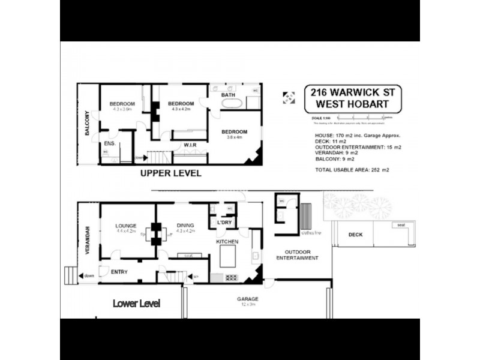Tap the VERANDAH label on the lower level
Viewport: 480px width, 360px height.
(88, 239)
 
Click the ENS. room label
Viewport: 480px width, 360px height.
(109, 143)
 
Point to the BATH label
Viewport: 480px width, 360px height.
(228, 95)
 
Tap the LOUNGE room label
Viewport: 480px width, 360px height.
(127, 226)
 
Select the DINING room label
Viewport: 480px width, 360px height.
(185, 226)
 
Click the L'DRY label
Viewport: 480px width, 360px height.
(224, 223)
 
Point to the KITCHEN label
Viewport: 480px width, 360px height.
(227, 241)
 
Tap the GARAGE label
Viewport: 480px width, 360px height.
(247, 298)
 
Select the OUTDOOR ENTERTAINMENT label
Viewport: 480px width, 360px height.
(296, 254)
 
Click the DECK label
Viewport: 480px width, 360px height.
(356, 235)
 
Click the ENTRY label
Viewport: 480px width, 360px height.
(119, 272)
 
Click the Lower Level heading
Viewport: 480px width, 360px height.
(136, 304)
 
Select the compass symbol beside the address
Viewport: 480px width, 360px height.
(289, 98)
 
